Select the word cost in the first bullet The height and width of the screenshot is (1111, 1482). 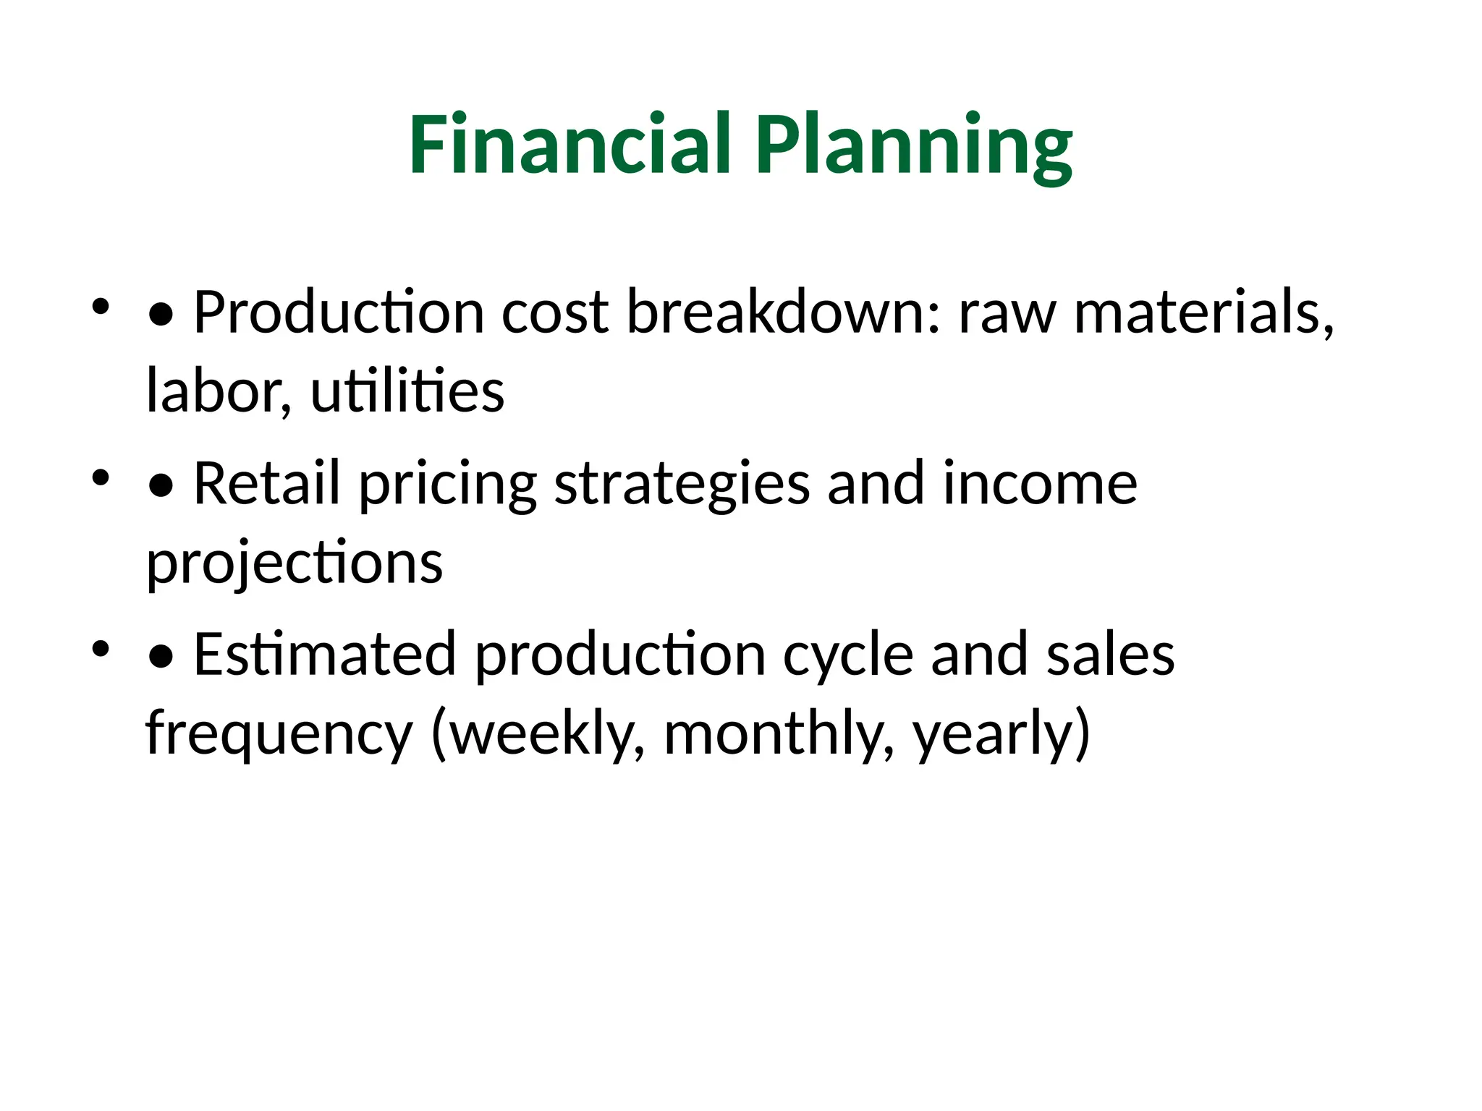pyautogui.click(x=555, y=312)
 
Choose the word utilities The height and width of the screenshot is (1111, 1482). pyautogui.click(x=407, y=391)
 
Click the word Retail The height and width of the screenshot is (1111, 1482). pyautogui.click(x=266, y=483)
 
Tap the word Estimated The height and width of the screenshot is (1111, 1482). pyautogui.click(x=325, y=655)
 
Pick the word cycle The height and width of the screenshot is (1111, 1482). pyautogui.click(x=848, y=657)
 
